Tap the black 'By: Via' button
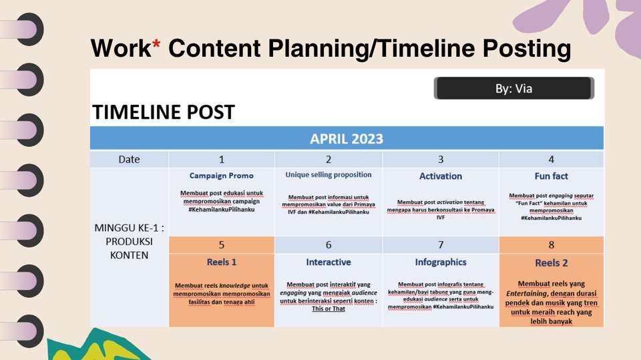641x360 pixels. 514,88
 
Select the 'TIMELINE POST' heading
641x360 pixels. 164,112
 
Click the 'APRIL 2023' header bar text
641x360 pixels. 347,139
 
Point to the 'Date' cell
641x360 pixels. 129,159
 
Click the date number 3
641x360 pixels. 441,159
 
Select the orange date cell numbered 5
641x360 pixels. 222,244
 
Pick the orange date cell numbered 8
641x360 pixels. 551,244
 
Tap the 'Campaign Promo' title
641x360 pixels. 222,176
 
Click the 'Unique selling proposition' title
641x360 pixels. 329,175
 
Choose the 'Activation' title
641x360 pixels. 441,176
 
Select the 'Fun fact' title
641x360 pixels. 551,176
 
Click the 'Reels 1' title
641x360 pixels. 222,262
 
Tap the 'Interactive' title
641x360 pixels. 329,262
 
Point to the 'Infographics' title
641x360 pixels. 441,262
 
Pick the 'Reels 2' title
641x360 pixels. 551,262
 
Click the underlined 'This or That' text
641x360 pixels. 329,309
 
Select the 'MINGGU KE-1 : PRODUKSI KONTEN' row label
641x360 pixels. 129,241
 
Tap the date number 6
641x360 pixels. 329,244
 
